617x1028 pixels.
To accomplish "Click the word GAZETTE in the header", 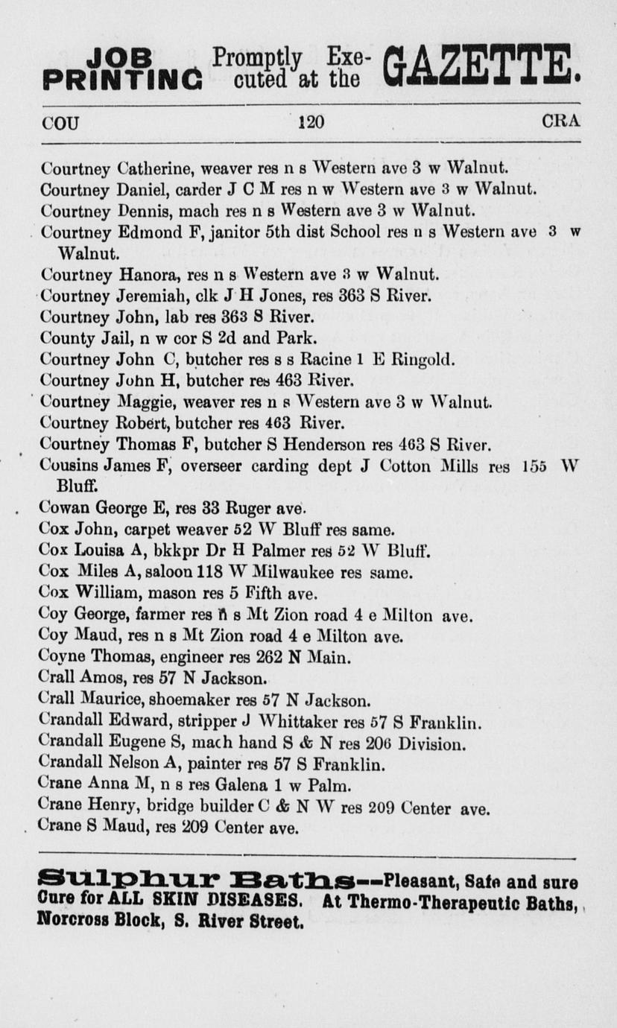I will pyautogui.click(x=481, y=67).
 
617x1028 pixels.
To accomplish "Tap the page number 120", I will pyautogui.click(x=310, y=121).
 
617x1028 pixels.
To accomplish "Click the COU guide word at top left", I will pyautogui.click(x=60, y=121).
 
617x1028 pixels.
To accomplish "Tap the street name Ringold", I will pyautogui.click(x=423, y=359).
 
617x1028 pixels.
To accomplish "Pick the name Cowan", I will pyautogui.click(x=62, y=510).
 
